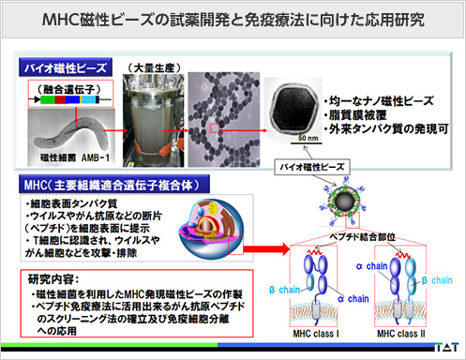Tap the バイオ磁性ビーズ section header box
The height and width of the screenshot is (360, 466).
pos(64,68)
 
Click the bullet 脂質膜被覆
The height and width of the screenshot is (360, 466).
pos(362,113)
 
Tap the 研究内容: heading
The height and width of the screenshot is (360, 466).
pos(54,278)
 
